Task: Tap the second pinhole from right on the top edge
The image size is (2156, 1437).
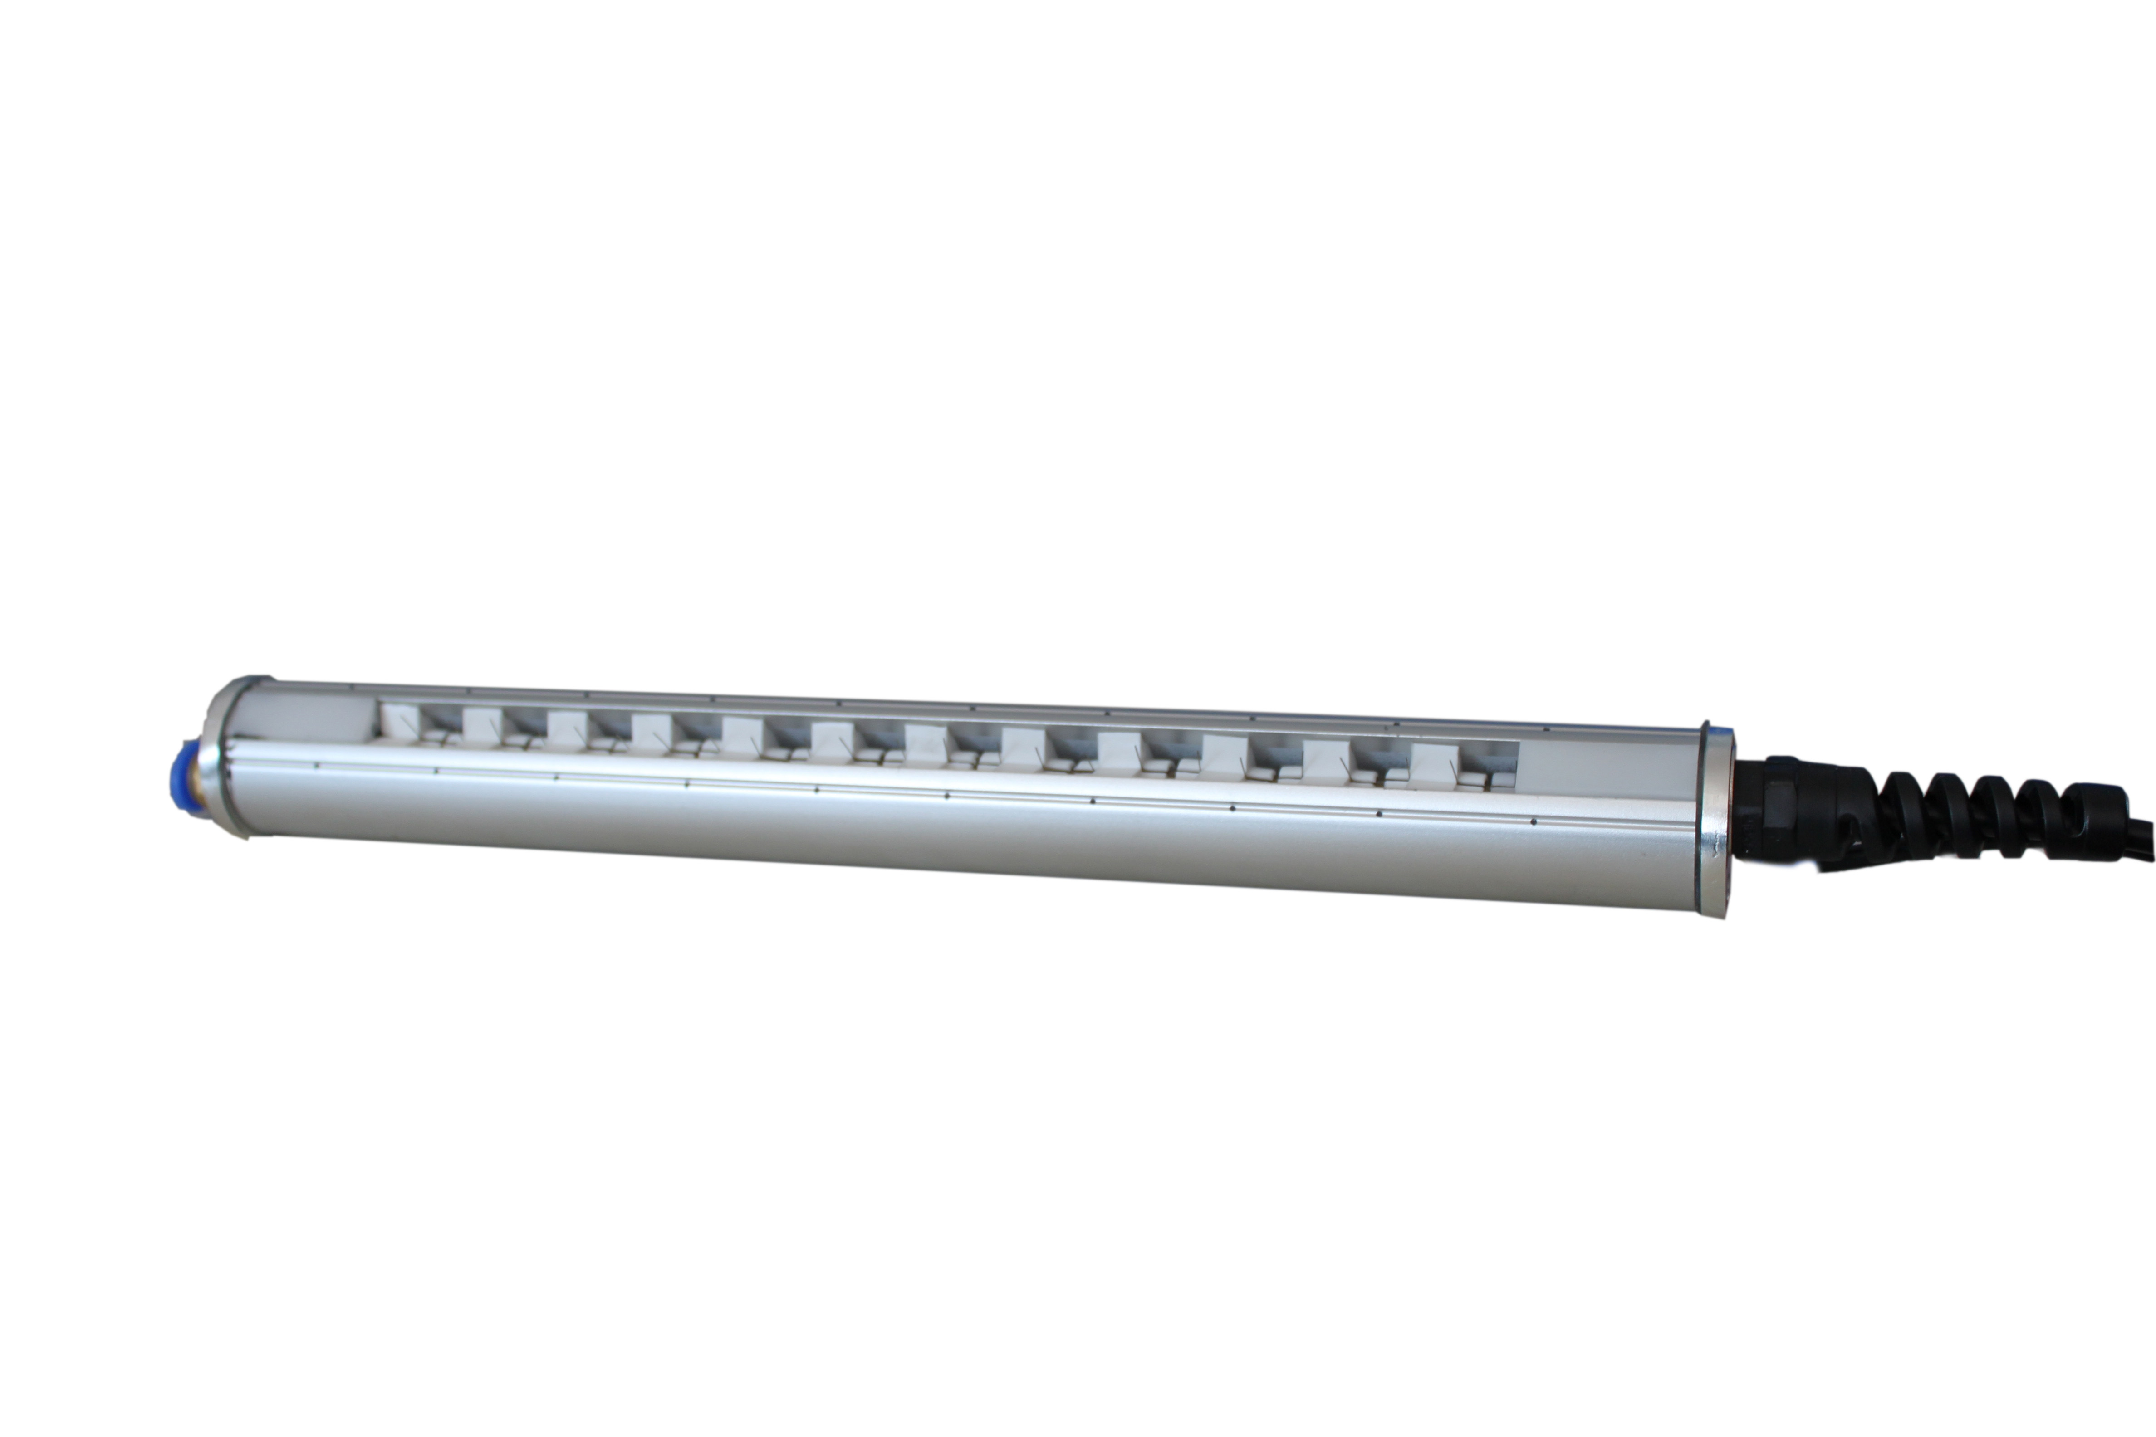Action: coord(1396,724)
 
